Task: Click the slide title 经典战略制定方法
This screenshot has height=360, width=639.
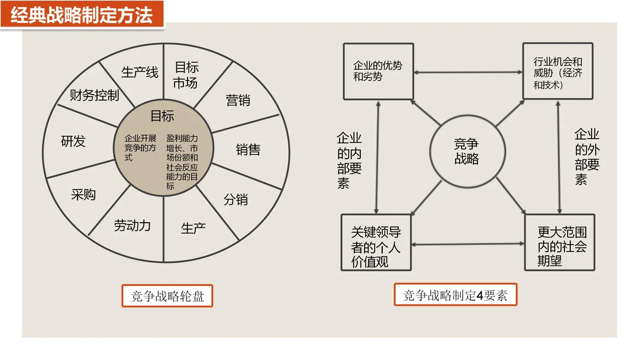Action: coord(82,14)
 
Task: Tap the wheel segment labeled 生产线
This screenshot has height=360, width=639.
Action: coord(140,72)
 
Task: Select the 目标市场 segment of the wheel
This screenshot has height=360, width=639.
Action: coord(186,75)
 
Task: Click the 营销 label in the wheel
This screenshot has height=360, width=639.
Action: coord(238,100)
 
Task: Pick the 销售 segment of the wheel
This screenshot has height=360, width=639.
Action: coord(248,150)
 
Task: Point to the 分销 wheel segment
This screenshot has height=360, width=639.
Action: coord(235,200)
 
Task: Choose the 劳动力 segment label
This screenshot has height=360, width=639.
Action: coord(133,225)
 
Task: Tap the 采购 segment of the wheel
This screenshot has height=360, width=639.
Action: coord(83,194)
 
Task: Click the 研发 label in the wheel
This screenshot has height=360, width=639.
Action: coord(73,142)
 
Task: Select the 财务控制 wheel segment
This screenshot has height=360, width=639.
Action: coord(95,95)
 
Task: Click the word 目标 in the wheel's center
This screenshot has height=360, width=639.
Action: coord(162,115)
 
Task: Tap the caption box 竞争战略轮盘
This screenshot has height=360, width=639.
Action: coord(167,296)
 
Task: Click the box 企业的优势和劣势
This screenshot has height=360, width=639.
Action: coord(378,71)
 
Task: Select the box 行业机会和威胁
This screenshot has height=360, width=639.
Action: coord(557,71)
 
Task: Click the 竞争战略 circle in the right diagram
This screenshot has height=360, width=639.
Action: coord(466,152)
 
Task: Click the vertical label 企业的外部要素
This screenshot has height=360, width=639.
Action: coord(587,156)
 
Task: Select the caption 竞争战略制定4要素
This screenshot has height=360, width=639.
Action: coord(456,295)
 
